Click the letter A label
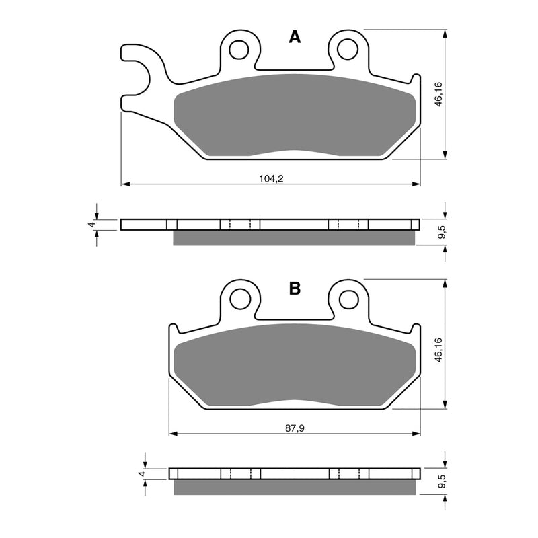(295, 37)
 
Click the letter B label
(295, 289)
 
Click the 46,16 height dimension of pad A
(438, 94)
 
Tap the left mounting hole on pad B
(238, 298)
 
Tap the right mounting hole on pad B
(347, 298)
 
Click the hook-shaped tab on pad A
(138, 74)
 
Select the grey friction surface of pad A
(296, 114)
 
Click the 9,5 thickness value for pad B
(441, 482)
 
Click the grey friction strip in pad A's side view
(296, 238)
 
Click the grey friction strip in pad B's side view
(296, 487)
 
